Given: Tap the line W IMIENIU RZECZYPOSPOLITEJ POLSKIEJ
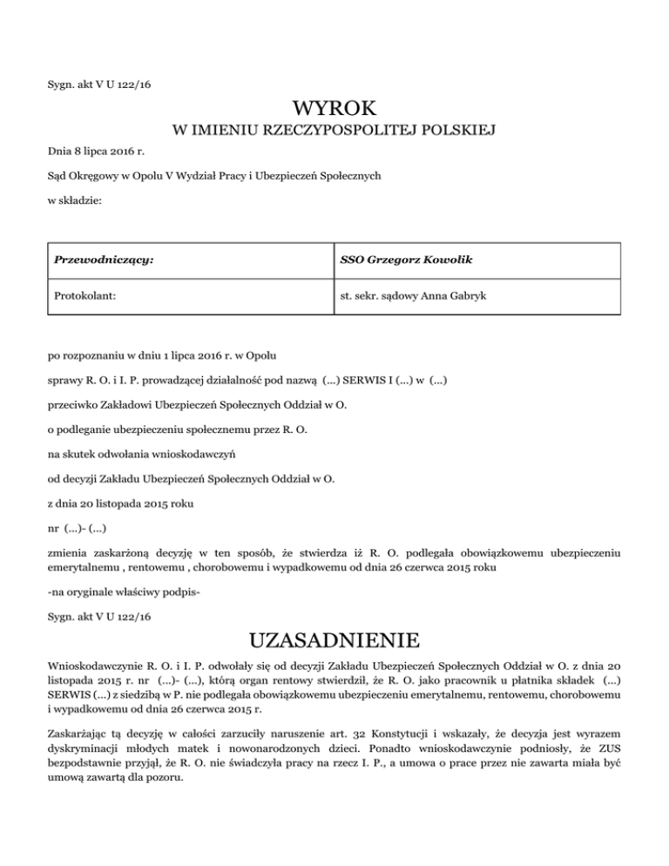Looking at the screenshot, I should click(x=334, y=131).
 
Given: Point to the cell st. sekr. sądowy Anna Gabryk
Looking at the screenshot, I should click(x=414, y=296).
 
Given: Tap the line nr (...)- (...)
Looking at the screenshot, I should click(x=78, y=528).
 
